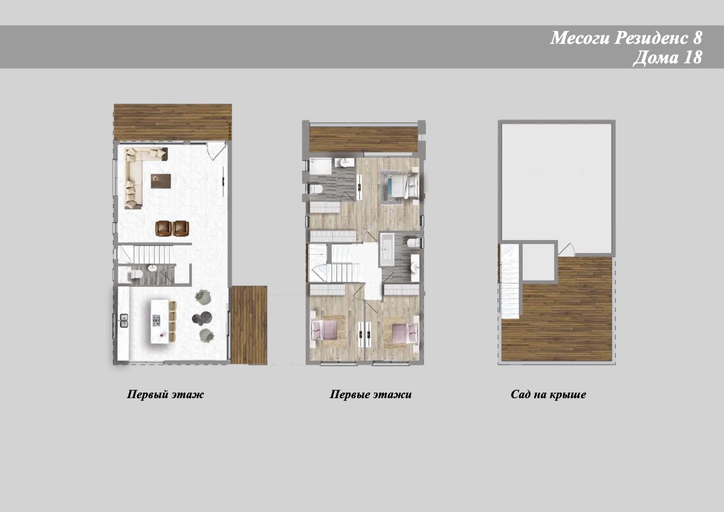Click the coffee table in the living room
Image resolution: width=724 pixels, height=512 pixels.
pos(161,181)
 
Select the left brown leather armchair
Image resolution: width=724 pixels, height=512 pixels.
pos(164,228)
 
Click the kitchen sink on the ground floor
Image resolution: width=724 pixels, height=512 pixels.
pos(124,320)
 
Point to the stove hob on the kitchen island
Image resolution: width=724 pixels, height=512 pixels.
pos(156,320)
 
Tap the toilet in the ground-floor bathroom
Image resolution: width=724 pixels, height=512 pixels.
pos(134,275)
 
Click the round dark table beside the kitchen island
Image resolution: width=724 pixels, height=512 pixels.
pos(202,318)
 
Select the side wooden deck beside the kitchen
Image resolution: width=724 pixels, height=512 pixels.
pos(249,324)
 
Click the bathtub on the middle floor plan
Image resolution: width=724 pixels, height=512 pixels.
pos(387,250)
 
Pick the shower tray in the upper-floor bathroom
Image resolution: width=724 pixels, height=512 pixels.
pos(321,166)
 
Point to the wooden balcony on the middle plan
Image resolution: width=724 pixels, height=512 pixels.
pos(364,139)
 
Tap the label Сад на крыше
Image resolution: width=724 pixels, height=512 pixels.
pos(548,394)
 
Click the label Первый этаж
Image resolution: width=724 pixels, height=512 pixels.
pos(165,394)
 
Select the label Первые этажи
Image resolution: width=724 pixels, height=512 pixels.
pos(371,394)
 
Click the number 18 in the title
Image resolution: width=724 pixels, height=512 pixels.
pos(692,57)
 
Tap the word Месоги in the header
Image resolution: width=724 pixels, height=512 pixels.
pos(580,37)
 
